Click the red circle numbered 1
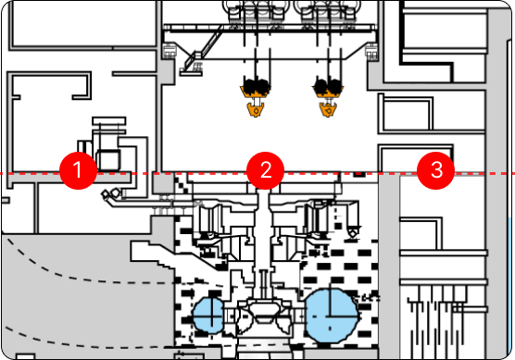[x=78, y=170]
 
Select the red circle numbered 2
[x=266, y=170]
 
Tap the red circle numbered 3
[x=436, y=170]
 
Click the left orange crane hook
[x=256, y=109]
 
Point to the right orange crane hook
[x=328, y=109]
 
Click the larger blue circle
[x=331, y=316]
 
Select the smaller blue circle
[x=209, y=316]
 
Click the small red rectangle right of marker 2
[x=359, y=174]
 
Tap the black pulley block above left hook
[x=256, y=87]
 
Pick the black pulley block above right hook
[x=328, y=87]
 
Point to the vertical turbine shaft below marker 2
[x=263, y=236]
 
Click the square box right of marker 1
[x=108, y=160]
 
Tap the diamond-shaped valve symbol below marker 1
[x=107, y=194]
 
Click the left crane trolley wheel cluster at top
[x=257, y=11]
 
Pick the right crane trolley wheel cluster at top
[x=328, y=11]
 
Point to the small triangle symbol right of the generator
[x=354, y=231]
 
